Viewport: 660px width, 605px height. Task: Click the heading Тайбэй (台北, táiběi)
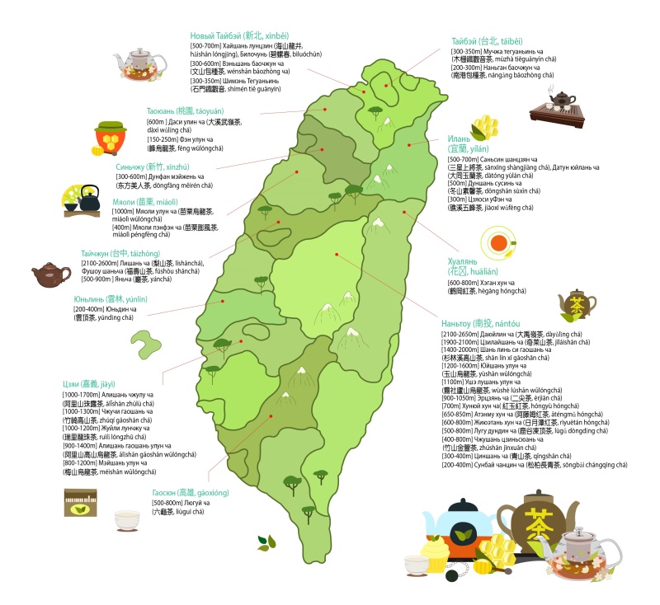pos(487,40)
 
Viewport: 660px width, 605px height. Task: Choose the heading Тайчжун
pos(121,253)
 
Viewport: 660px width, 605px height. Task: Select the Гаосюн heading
pos(191,492)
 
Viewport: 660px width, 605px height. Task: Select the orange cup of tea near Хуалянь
pos(498,243)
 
